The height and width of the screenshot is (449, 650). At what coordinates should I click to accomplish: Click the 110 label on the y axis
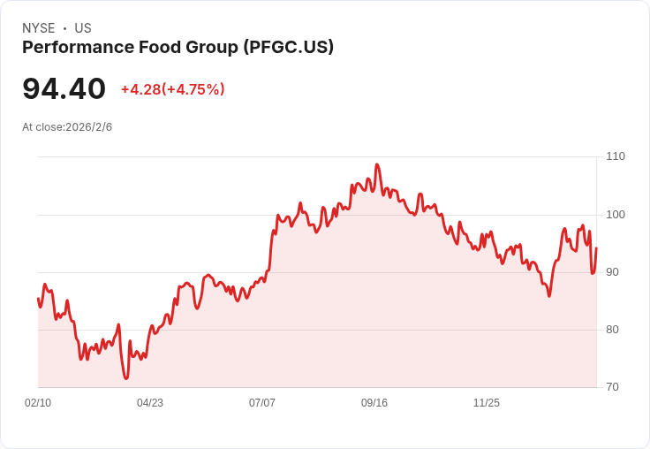[615, 156]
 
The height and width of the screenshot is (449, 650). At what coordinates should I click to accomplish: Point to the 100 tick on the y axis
[615, 215]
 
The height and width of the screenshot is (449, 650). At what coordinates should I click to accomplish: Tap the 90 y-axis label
[612, 272]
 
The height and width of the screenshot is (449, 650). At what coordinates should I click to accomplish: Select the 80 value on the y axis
[612, 330]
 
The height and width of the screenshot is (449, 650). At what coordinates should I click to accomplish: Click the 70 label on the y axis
[612, 387]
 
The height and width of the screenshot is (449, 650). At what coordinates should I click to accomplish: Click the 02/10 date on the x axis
[38, 403]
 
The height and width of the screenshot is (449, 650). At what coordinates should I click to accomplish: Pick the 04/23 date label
[150, 403]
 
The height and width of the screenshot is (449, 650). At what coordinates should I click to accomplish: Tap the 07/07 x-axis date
[262, 403]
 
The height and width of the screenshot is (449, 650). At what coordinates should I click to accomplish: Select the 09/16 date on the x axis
[374, 403]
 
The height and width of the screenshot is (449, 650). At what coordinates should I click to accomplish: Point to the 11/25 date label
[487, 403]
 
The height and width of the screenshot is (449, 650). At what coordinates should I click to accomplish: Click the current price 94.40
[64, 89]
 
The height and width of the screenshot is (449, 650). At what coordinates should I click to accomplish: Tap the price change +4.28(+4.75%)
[173, 89]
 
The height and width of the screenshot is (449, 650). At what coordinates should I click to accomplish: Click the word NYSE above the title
[39, 28]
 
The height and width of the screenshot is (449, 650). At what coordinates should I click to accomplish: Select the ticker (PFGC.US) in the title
[288, 48]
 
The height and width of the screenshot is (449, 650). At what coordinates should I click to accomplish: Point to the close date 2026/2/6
[89, 127]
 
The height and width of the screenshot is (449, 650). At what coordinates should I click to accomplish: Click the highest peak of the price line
[377, 164]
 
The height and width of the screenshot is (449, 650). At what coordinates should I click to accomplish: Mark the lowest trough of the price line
[126, 378]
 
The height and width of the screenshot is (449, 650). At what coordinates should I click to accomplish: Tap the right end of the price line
[596, 248]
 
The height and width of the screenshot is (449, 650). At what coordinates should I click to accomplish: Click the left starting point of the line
[38, 299]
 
